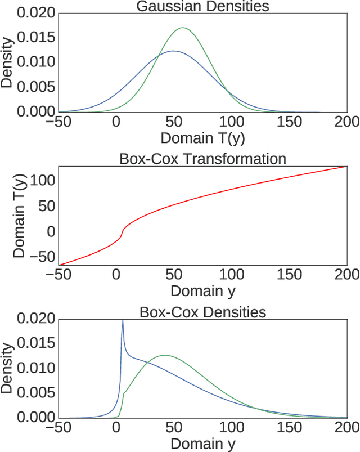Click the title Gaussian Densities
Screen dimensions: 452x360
tap(202, 7)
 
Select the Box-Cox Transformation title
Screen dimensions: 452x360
tap(202, 159)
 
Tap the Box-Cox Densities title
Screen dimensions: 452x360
tap(202, 311)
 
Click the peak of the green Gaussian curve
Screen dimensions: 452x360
tap(183, 28)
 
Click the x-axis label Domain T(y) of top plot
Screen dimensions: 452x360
tap(202, 137)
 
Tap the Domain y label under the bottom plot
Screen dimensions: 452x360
tap(202, 443)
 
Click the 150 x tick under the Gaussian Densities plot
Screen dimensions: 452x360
tap(289, 122)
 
